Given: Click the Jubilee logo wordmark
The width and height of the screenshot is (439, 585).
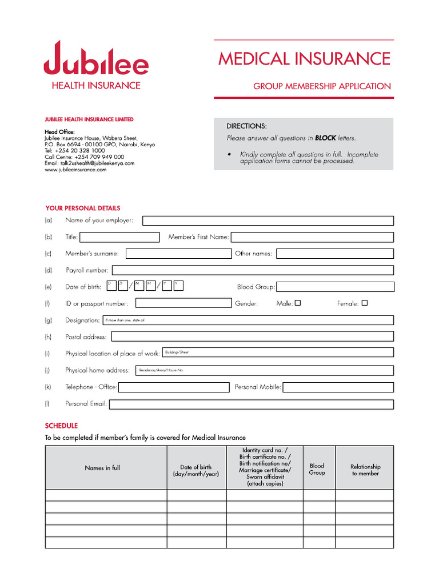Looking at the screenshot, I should click(96, 59).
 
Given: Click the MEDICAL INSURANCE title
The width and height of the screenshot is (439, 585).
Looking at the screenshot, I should click(304, 59).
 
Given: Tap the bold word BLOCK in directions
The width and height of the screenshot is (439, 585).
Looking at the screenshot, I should click(325, 138).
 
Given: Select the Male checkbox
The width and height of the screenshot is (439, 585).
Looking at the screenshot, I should click(297, 303).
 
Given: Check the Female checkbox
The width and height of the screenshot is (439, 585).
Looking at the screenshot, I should click(365, 303).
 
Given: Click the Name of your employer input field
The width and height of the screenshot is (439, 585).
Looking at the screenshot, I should click(268, 221).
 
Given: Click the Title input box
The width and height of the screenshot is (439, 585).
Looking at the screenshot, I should click(119, 237).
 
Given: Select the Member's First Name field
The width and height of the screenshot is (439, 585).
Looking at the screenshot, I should click(312, 237).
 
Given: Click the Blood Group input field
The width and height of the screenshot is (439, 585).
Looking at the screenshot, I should click(335, 287).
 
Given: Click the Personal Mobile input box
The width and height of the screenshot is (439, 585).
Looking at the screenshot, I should click(338, 387).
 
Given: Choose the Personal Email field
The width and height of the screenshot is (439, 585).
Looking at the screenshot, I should click(251, 404).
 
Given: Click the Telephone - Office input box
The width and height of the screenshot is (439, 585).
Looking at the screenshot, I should click(174, 387).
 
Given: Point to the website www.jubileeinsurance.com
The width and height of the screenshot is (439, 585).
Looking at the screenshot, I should click(75, 170).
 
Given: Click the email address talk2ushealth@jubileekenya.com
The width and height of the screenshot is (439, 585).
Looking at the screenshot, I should click(97, 163).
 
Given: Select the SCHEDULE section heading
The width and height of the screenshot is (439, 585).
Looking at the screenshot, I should click(61, 426).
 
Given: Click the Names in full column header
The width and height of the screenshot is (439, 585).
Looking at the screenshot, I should click(102, 468).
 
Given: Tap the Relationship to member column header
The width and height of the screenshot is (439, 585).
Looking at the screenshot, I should click(365, 470).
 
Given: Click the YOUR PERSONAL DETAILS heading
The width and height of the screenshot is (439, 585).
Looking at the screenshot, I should click(82, 208).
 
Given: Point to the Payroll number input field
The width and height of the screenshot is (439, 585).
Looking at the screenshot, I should click(252, 270).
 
